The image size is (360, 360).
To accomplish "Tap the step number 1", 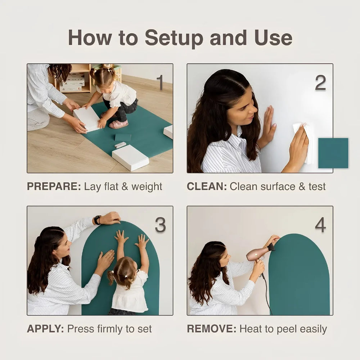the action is pyautogui.click(x=160, y=82).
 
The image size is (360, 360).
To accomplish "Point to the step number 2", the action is pyautogui.click(x=320, y=83).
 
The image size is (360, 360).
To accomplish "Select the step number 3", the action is pyautogui.click(x=160, y=225).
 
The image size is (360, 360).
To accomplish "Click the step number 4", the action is pyautogui.click(x=320, y=225).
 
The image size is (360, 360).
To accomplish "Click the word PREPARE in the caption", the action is pyautogui.click(x=54, y=186).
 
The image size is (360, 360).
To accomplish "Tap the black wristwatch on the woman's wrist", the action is pyautogui.click(x=97, y=220).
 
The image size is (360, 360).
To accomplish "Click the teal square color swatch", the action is pyautogui.click(x=333, y=153).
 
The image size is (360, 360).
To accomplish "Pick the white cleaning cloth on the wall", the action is pyautogui.click(x=303, y=142).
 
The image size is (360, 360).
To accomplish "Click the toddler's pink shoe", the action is pyautogui.click(x=118, y=124).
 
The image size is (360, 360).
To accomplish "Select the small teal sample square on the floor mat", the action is pyautogui.click(x=123, y=137).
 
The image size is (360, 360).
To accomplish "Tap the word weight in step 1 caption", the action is pyautogui.click(x=147, y=187).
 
